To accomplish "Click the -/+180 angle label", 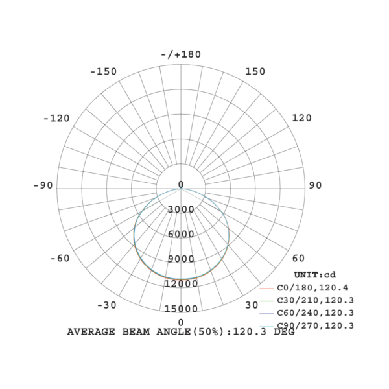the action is tap(181, 54).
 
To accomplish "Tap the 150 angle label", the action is tap(255, 71).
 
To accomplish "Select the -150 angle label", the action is tap(103, 71).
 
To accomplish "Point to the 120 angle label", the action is tap(301, 118).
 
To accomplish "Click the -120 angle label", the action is tap(56, 119).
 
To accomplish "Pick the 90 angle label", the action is tap(315, 185).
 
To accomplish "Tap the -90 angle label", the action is tap(43, 185).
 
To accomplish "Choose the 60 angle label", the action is tap(298, 258).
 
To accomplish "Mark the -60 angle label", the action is tap(60, 258).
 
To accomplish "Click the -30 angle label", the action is tap(107, 305).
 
